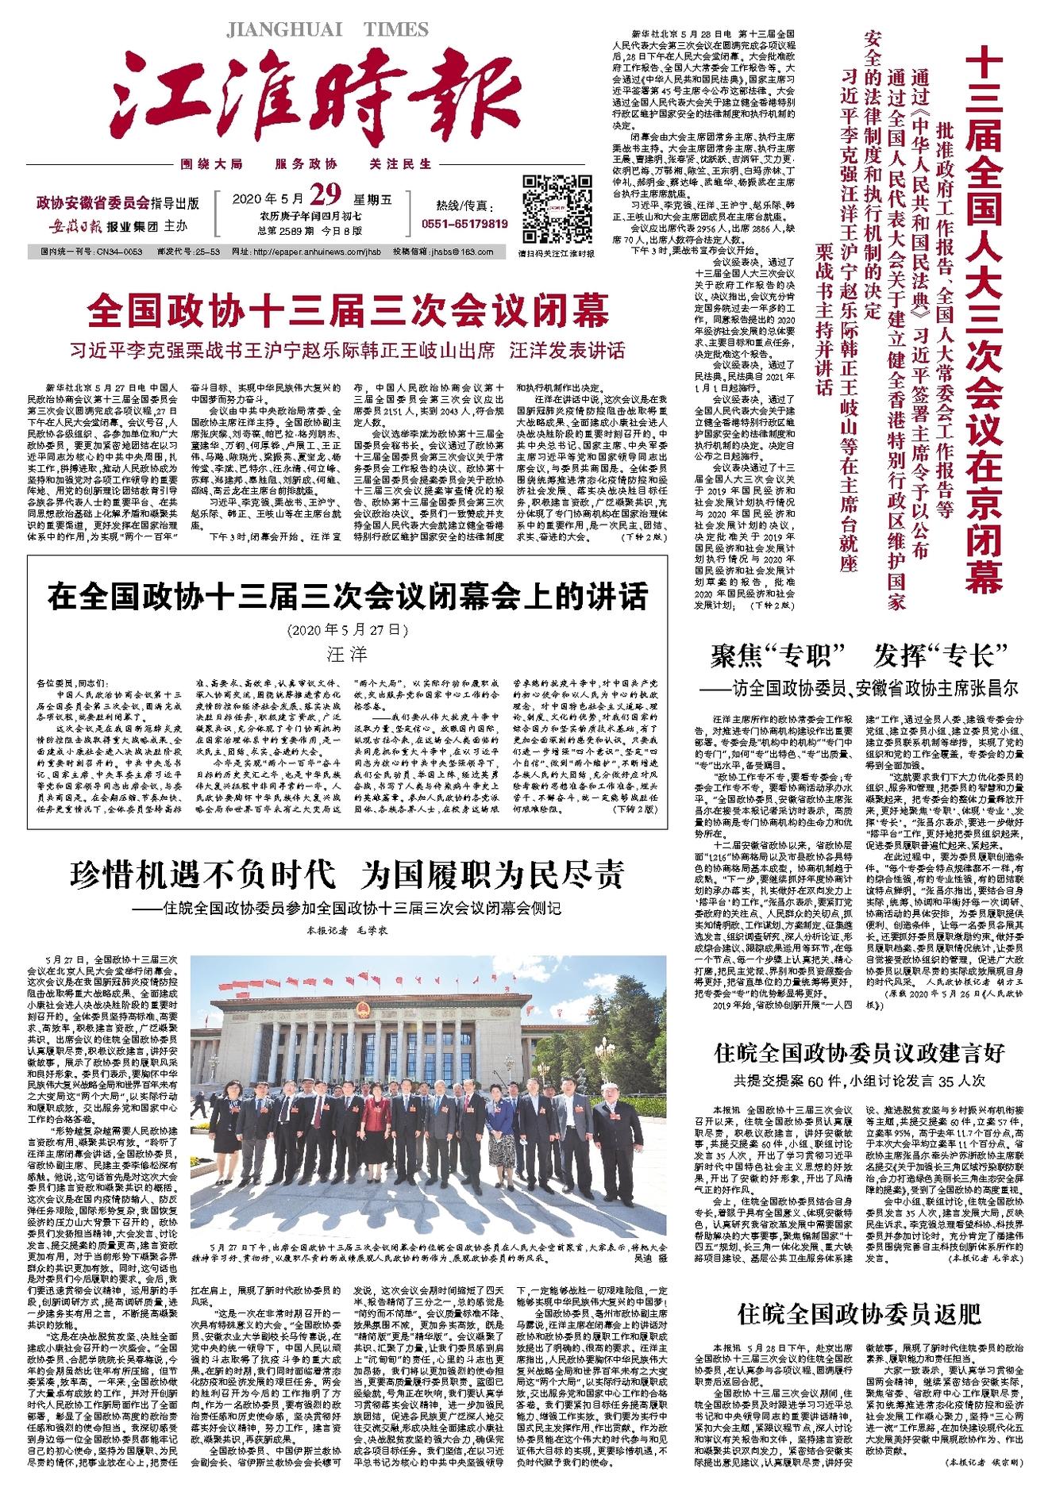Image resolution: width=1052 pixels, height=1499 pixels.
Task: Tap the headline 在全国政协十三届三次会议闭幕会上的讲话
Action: coord(348,597)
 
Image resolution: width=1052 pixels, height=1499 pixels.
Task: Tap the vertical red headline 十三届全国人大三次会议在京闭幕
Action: coord(988,317)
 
